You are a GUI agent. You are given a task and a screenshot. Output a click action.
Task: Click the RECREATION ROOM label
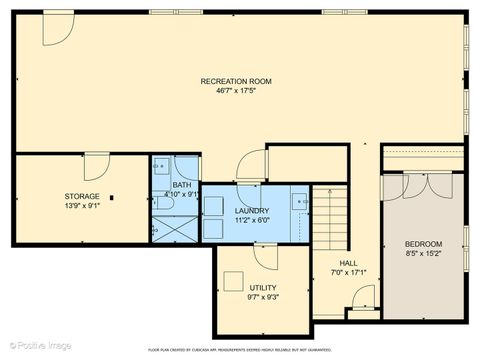236,81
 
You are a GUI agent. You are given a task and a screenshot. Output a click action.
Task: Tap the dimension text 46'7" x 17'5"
236,91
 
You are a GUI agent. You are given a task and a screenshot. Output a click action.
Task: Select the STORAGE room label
83,196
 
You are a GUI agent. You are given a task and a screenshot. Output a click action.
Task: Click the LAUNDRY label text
251,211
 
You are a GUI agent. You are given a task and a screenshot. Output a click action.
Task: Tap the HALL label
331,261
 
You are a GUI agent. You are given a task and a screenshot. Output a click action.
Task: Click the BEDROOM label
423,244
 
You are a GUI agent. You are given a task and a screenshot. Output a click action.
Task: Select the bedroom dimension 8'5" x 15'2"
423,254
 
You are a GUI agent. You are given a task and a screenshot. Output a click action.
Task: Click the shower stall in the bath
175,229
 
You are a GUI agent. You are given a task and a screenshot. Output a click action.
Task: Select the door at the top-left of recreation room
56,29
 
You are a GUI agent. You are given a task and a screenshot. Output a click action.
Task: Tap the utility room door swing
265,254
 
